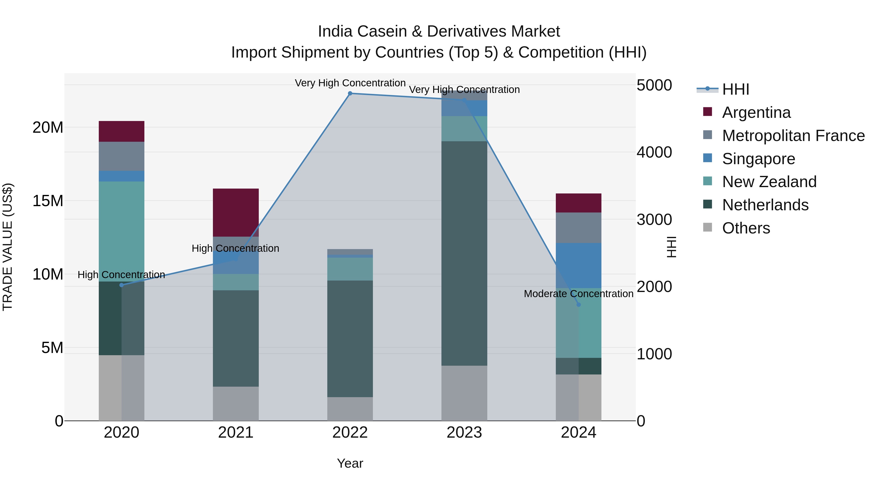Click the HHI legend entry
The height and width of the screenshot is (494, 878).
click(736, 89)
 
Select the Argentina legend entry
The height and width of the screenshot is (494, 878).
click(756, 112)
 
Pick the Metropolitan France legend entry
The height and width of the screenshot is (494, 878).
click(793, 136)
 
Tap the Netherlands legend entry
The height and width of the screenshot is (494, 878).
click(765, 205)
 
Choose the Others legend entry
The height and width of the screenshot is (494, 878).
click(746, 228)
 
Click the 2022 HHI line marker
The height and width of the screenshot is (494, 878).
click(350, 93)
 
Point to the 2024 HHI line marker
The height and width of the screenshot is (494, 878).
click(579, 304)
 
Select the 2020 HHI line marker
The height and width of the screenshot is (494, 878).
click(122, 285)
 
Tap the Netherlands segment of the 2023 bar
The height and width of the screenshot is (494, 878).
click(464, 253)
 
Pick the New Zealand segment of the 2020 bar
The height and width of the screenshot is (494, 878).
click(122, 231)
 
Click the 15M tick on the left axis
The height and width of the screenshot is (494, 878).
click(48, 201)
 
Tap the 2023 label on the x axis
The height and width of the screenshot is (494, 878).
click(464, 433)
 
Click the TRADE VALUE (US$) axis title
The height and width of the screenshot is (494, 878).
click(8, 247)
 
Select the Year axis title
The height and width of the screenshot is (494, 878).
click(350, 463)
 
